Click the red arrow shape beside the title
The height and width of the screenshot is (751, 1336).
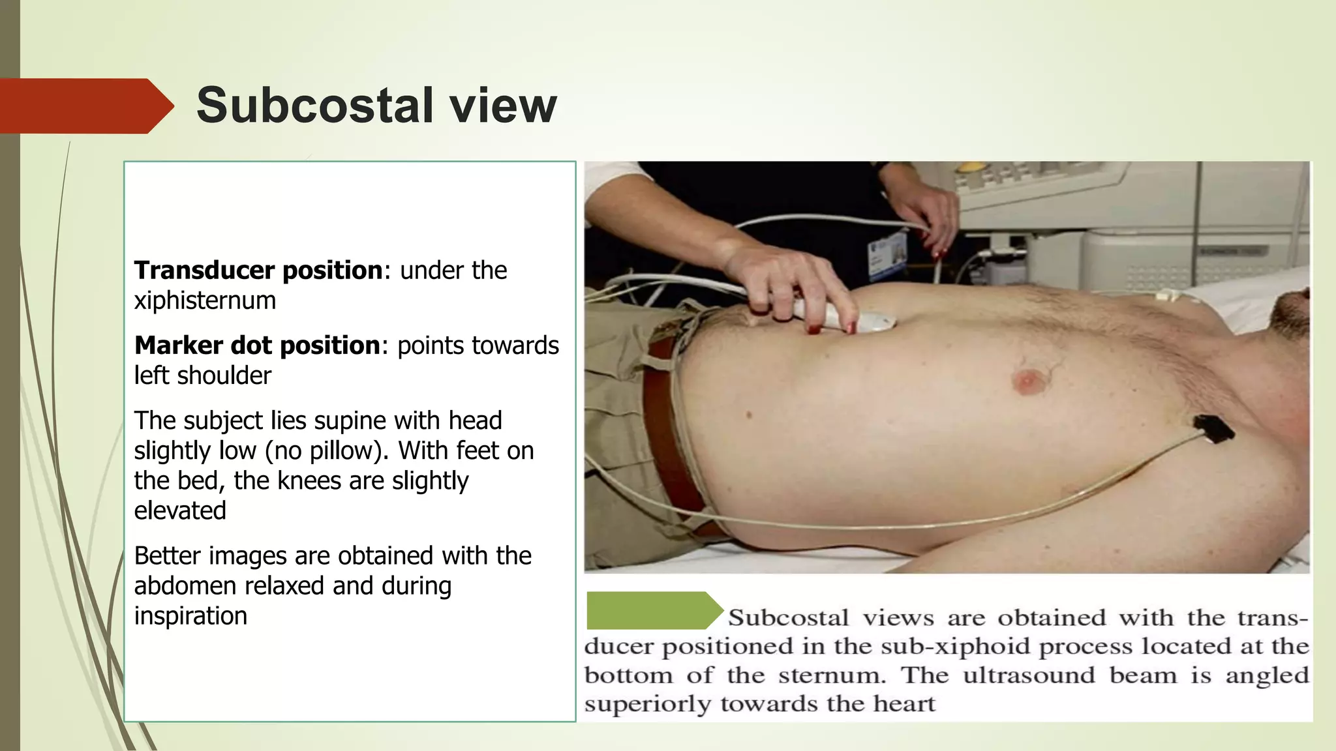click(x=85, y=106)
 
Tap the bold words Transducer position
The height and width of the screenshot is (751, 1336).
click(x=258, y=271)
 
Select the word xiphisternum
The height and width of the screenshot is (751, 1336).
click(x=205, y=301)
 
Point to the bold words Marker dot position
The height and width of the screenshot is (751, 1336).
click(x=257, y=346)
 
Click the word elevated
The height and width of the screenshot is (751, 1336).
click(x=180, y=510)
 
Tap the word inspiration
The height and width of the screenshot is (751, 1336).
click(x=190, y=616)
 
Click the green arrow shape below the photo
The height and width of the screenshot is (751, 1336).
click(x=652, y=610)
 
